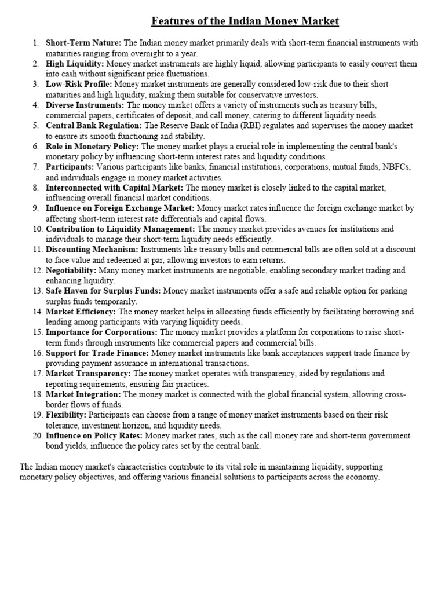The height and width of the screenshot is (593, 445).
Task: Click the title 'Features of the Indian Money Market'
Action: [245, 22]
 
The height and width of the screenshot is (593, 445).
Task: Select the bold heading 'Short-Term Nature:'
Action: [83, 43]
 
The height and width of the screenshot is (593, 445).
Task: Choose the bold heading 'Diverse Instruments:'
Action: [85, 105]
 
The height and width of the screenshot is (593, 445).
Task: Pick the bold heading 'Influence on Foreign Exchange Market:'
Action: [121, 208]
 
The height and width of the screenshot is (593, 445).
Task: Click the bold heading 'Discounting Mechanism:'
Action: [92, 250]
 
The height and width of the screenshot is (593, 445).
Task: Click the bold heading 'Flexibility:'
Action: [66, 415]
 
